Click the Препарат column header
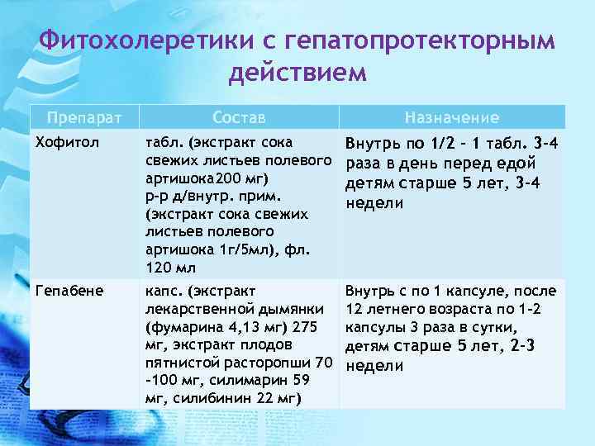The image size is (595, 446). [x=82, y=117]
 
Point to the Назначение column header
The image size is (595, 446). [x=451, y=117]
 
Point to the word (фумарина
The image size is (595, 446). [x=178, y=327]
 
